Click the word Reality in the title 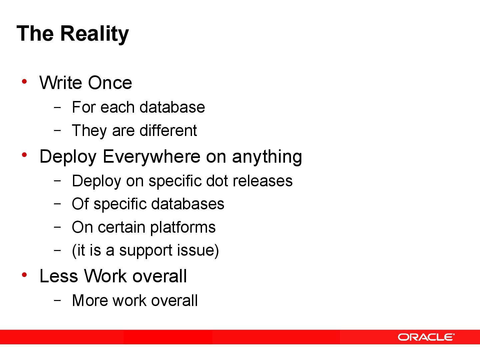(94, 34)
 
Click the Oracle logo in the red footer (426, 337)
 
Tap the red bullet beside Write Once (24, 81)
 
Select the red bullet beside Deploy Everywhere (24, 155)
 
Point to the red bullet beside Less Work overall (24, 275)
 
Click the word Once (110, 83)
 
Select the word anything (267, 156)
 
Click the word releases (263, 181)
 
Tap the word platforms (183, 228)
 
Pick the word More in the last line (90, 300)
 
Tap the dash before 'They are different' (57, 130)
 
